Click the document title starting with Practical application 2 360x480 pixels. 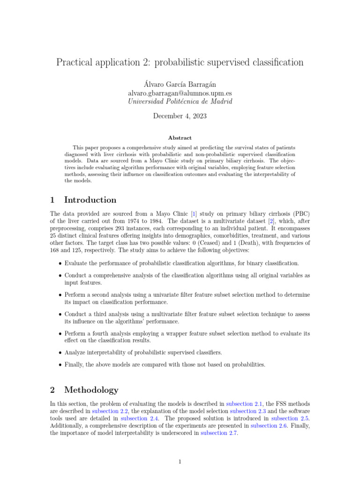[x=180, y=62]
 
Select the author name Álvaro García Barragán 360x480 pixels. [x=180, y=84]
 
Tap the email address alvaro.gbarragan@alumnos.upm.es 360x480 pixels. [x=180, y=93]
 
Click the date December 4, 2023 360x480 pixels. [x=180, y=116]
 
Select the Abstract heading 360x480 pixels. [x=180, y=138]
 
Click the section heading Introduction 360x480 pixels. [x=90, y=200]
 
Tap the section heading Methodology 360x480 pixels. [x=91, y=390]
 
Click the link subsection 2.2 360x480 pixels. [x=109, y=411]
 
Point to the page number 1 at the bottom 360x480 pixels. [x=180, y=462]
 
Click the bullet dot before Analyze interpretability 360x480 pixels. [x=60, y=352]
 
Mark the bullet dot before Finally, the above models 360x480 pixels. [x=60, y=365]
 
